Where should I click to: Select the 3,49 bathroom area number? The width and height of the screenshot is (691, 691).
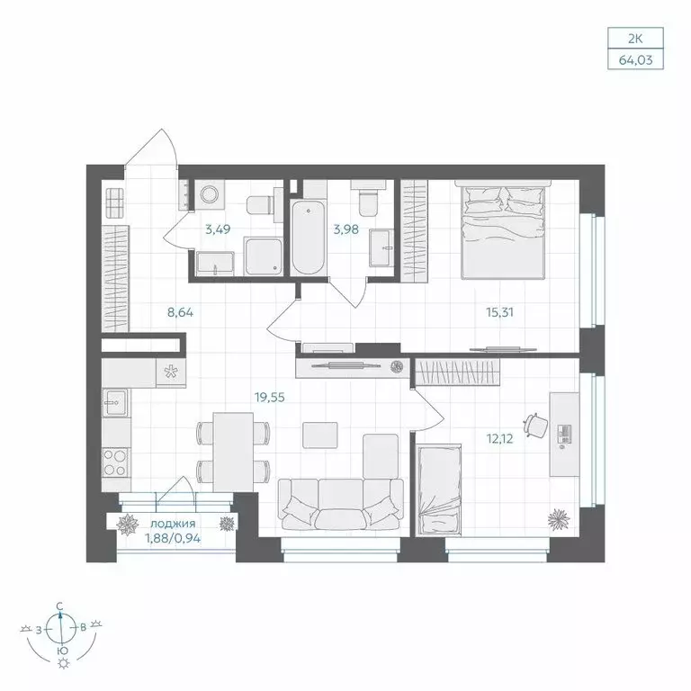(218, 229)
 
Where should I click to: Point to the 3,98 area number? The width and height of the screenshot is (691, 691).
(345, 229)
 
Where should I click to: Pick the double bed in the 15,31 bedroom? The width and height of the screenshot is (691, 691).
(503, 230)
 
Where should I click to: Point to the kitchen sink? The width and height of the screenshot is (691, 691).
(114, 402)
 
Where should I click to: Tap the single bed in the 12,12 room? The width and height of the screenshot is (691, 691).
(440, 490)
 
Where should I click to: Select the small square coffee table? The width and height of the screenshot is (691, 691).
(319, 435)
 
